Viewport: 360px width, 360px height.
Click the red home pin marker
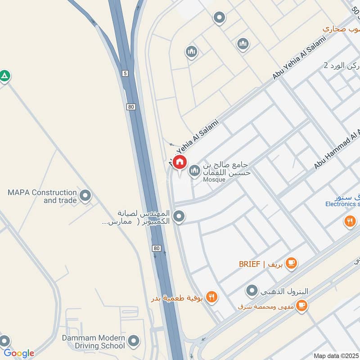pyautogui.click(x=180, y=162)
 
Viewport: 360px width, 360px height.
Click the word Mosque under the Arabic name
pyautogui.click(x=214, y=180)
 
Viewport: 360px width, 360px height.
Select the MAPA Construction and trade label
pyautogui.click(x=42, y=196)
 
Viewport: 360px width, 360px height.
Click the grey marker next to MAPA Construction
pyautogui.click(x=85, y=196)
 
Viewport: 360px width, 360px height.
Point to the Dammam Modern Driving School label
pyautogui.click(x=94, y=342)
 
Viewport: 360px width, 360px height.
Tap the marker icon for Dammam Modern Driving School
pyautogui.click(x=133, y=342)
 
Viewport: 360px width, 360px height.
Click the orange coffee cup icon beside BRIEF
pyautogui.click(x=291, y=263)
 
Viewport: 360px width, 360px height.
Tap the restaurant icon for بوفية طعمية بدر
pyautogui.click(x=212, y=297)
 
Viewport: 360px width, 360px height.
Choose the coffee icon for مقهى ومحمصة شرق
pyautogui.click(x=302, y=306)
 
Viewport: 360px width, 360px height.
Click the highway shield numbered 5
pyautogui.click(x=124, y=73)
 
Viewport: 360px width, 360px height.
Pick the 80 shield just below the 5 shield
pyautogui.click(x=130, y=107)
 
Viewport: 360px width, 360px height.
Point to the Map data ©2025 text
pyautogui.click(x=336, y=355)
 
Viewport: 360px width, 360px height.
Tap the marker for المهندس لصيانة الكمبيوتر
pyautogui.click(x=179, y=217)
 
